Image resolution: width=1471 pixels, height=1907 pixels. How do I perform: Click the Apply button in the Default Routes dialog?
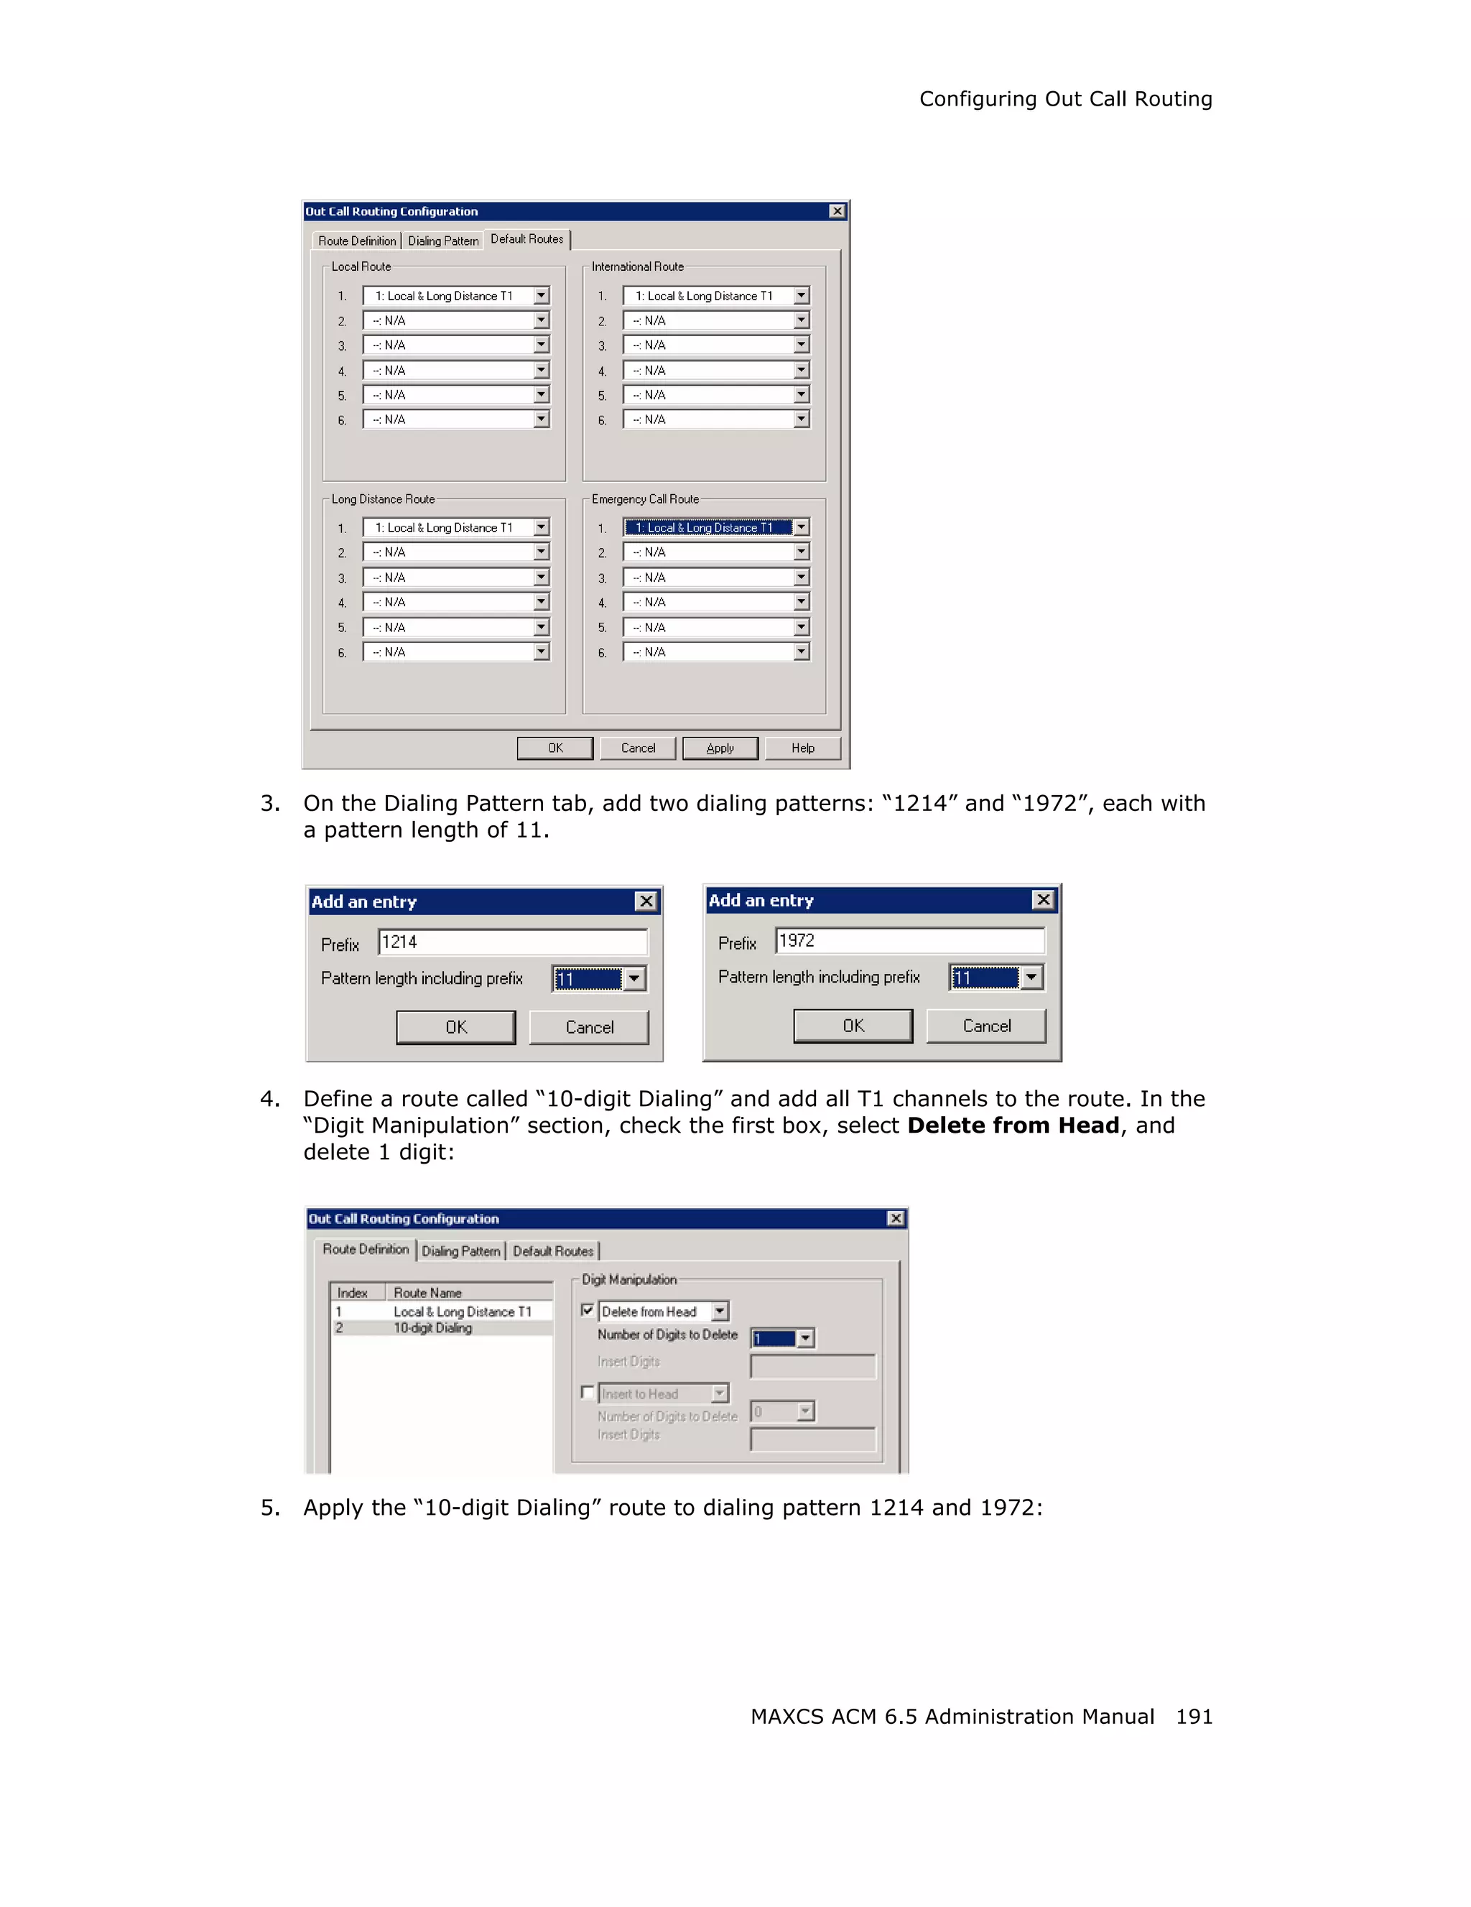click(720, 748)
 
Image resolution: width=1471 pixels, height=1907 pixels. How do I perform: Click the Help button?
click(802, 748)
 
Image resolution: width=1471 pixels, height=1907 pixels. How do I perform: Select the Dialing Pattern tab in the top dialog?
click(442, 241)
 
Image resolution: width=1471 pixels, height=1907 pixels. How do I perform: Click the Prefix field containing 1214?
click(512, 942)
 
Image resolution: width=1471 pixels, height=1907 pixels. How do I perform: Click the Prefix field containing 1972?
click(909, 940)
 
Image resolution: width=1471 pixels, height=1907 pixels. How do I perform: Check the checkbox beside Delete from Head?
click(588, 1311)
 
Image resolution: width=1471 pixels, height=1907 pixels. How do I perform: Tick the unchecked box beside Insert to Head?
click(588, 1393)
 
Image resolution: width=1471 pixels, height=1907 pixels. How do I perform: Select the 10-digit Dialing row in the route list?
click(433, 1328)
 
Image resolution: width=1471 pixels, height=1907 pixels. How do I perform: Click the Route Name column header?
click(428, 1292)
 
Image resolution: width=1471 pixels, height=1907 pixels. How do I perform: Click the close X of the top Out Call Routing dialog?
click(836, 211)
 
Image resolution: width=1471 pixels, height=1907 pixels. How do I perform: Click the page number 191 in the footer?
click(1193, 1717)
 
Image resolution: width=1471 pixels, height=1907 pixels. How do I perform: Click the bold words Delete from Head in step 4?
click(1013, 1126)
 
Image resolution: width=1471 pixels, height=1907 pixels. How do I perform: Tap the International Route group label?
click(637, 267)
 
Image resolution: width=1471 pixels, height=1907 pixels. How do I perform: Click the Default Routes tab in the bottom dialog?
click(552, 1251)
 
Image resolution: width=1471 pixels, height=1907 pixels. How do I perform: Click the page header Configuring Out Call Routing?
click(1065, 100)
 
